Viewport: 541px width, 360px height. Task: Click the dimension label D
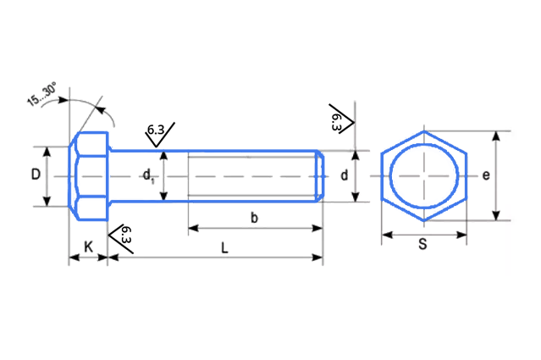tap(36, 174)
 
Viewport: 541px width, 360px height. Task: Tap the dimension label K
tap(88, 246)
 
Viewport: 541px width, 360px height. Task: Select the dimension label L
tap(224, 248)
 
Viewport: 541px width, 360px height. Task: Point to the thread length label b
tap(254, 218)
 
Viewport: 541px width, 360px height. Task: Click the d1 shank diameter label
tap(149, 175)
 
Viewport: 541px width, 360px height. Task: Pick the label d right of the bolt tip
tap(344, 175)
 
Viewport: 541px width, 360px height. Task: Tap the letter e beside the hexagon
tap(486, 175)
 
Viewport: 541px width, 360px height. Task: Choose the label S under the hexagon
tap(422, 244)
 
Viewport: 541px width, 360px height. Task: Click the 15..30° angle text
tap(41, 94)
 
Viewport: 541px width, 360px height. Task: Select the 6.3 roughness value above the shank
tap(156, 130)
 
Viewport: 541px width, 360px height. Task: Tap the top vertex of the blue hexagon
tap(424, 131)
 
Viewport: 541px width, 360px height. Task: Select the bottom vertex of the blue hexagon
tap(424, 220)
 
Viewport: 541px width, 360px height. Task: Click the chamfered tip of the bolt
tap(320, 176)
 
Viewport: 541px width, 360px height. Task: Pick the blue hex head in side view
tap(89, 176)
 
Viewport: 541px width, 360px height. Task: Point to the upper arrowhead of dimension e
tap(496, 136)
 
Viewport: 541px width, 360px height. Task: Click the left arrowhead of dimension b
tap(193, 228)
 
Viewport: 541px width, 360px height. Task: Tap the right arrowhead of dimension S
tap(461, 235)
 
